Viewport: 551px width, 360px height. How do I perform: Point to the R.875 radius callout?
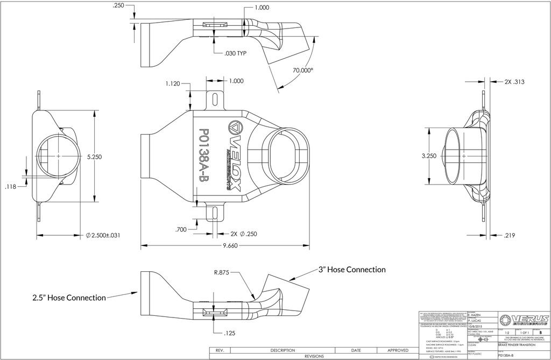(x=221, y=273)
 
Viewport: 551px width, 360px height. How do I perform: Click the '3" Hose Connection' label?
(x=352, y=269)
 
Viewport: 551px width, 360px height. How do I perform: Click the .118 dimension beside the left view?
(x=11, y=187)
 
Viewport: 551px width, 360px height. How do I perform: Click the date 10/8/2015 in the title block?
(x=476, y=326)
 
